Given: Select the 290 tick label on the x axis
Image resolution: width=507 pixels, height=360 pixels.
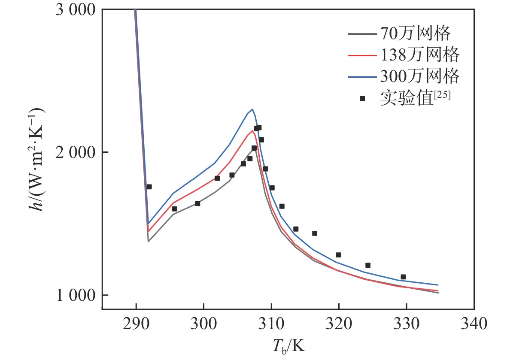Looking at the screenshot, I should [136, 323].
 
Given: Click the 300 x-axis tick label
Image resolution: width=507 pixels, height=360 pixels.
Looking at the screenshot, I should [203, 323].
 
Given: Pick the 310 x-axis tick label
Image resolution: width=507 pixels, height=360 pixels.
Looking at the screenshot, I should [271, 323].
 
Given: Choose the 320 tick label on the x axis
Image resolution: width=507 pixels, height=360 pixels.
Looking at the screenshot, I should [339, 323].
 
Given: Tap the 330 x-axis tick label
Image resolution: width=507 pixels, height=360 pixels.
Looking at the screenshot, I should [406, 323].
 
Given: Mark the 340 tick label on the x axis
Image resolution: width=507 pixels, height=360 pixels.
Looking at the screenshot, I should [474, 323].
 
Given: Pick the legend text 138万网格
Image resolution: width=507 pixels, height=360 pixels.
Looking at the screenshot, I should [419, 54].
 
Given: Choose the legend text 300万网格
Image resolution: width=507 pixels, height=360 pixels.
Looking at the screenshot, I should [419, 76].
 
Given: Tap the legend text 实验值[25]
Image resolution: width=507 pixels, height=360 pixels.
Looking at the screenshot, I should [415, 99].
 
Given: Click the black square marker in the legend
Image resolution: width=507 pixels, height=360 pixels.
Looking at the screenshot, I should [362, 99].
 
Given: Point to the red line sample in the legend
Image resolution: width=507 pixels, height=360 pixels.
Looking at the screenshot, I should [362, 54].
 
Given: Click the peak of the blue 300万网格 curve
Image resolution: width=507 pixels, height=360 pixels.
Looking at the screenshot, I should [252, 109].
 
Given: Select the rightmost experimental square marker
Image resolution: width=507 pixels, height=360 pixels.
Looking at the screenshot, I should [403, 277].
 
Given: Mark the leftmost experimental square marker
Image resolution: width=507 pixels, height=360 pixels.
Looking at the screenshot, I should [149, 187].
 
